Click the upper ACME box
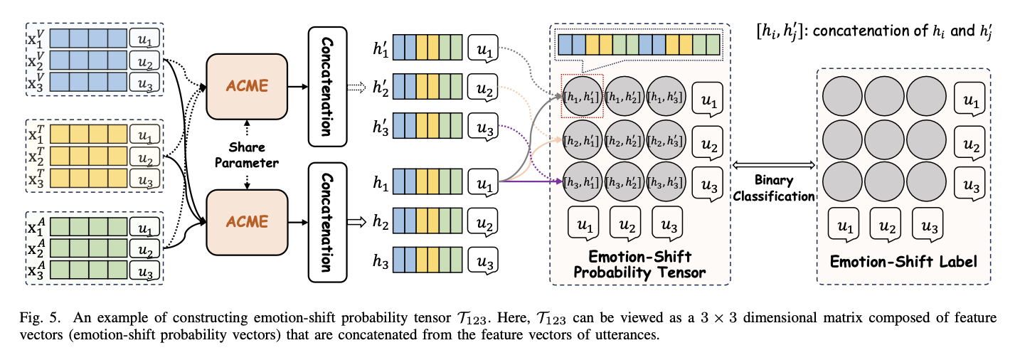coord(247,86)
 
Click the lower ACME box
coord(247,222)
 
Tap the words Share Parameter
coord(247,155)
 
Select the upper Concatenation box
coord(327,87)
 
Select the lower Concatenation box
coord(327,223)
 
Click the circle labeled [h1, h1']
coord(582,96)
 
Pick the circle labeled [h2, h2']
coord(624,140)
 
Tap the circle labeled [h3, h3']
coord(666,182)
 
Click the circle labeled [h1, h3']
coord(666,96)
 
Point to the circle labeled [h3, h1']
coord(582,182)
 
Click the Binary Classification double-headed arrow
coord(774,165)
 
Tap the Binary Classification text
coord(774,189)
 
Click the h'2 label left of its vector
coord(381,87)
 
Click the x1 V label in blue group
coord(36,38)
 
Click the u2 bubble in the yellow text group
coord(145,158)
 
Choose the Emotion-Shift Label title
coord(903,262)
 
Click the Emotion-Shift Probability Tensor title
coord(639,264)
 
